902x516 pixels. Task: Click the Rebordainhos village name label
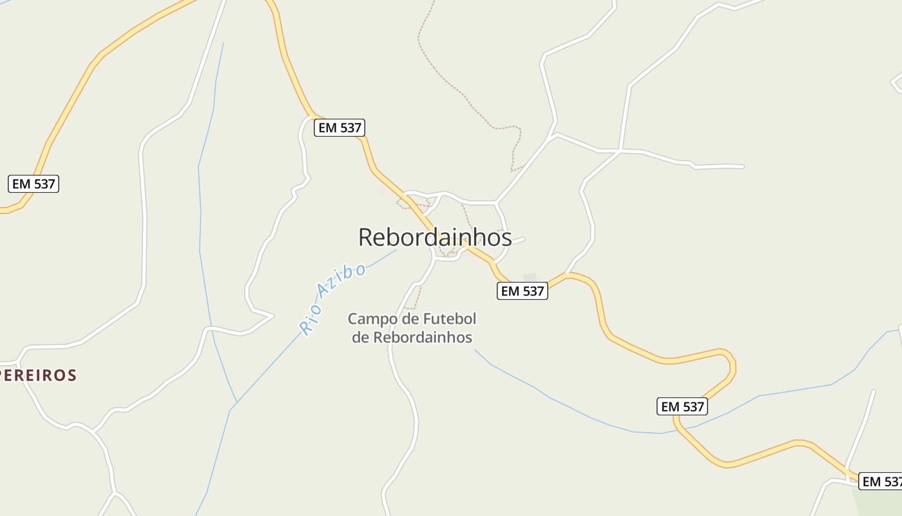[x=435, y=237]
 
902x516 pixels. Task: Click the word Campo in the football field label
[x=369, y=319]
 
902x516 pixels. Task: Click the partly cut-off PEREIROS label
[x=39, y=375]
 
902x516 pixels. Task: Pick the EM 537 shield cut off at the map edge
[x=881, y=481]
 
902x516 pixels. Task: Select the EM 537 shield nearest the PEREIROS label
[x=34, y=184]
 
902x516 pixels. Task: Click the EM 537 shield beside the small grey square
[x=523, y=291]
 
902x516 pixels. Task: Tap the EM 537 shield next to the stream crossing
[x=682, y=407]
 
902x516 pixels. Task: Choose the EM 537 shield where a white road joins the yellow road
[x=340, y=128]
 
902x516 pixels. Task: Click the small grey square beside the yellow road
[x=530, y=278]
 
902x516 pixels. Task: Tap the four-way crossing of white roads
[x=620, y=151]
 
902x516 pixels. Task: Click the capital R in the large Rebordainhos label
[x=366, y=237]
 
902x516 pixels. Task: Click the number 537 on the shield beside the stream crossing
[x=693, y=407]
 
